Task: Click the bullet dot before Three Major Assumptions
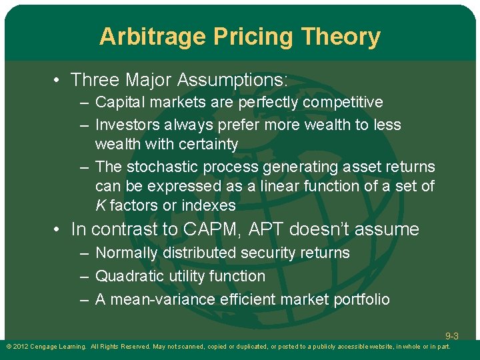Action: pyautogui.click(x=58, y=81)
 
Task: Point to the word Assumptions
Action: pyautogui.click(x=233, y=81)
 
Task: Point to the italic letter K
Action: pyautogui.click(x=100, y=205)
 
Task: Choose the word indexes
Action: pyautogui.click(x=209, y=205)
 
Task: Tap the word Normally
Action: pyautogui.click(x=127, y=253)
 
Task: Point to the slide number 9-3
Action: pyautogui.click(x=451, y=336)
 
